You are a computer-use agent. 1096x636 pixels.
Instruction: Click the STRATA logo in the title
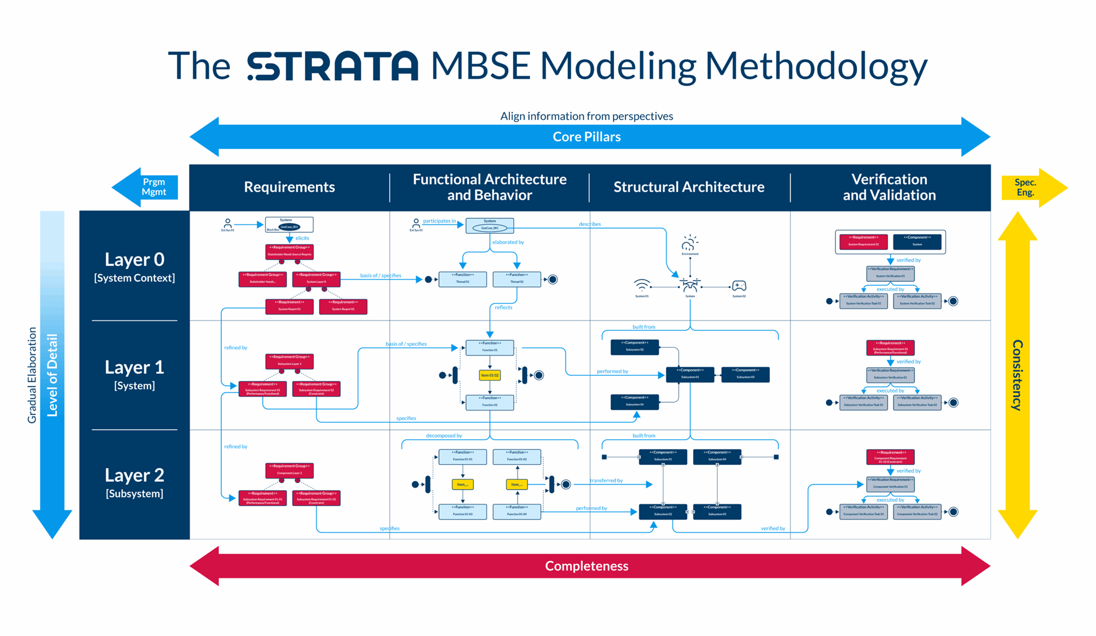pos(333,66)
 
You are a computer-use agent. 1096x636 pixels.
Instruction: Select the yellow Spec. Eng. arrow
pos(1030,187)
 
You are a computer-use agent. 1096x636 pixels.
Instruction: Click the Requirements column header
pos(289,187)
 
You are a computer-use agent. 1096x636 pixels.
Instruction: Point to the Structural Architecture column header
pos(689,187)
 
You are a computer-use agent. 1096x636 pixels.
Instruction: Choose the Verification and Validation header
pos(889,187)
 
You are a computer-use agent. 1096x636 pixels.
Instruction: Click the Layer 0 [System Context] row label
pos(134,266)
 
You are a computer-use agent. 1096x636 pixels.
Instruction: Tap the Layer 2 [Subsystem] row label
pos(134,482)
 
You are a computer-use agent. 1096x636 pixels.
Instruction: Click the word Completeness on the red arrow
pos(587,566)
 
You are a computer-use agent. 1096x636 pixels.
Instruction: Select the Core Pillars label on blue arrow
pos(587,136)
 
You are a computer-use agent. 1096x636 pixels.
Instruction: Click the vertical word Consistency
pos(1018,375)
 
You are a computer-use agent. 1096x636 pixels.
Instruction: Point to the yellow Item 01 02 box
pos(489,375)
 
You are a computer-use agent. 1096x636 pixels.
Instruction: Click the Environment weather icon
pos(690,243)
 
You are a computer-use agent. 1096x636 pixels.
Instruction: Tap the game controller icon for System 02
pos(739,286)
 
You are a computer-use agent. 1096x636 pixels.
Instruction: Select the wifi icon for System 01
pos(642,286)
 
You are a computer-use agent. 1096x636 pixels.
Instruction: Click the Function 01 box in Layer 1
pos(489,347)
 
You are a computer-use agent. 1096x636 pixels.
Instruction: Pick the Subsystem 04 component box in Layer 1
pos(635,401)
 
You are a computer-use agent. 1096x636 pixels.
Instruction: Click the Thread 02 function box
pos(516,279)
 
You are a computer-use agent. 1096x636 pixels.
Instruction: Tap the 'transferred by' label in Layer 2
pos(606,480)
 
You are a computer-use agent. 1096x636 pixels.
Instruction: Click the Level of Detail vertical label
pos(53,375)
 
